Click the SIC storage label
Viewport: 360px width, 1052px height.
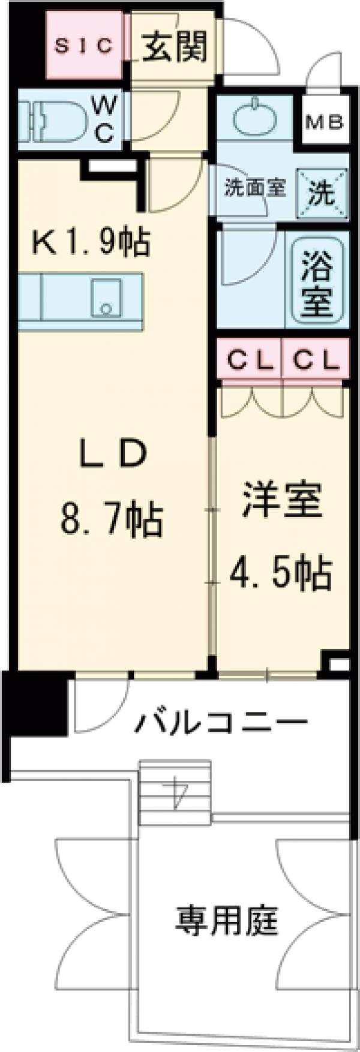84,46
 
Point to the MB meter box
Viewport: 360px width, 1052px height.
325,123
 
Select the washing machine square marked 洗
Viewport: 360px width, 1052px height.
322,192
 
